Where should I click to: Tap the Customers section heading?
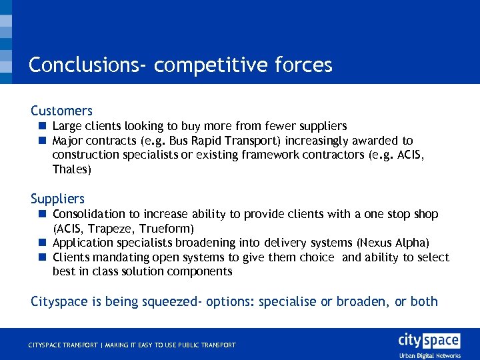(x=61, y=111)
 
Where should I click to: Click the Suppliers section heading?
(x=57, y=199)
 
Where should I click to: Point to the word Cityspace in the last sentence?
(x=59, y=301)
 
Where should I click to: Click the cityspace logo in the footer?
(x=429, y=341)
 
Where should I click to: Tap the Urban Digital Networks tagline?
(x=429, y=356)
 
